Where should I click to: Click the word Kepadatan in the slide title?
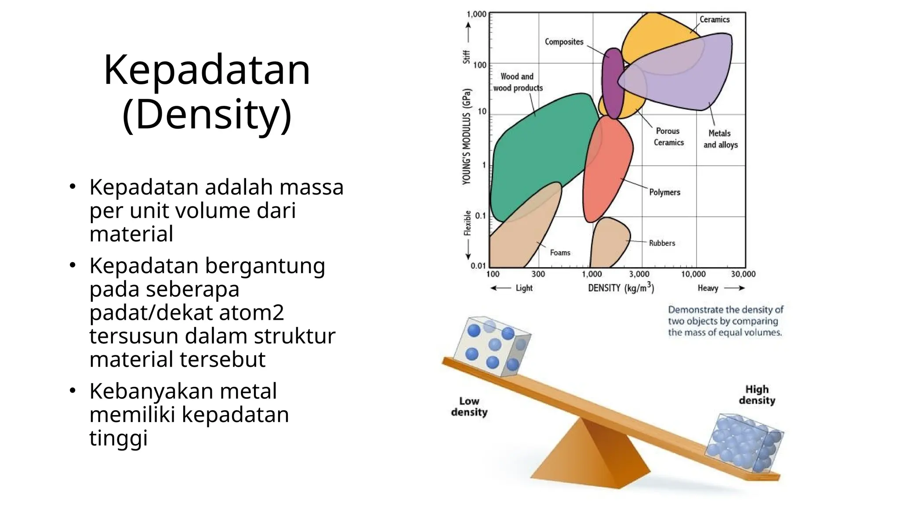point(207,70)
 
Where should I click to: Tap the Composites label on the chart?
point(564,42)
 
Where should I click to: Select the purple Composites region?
point(612,83)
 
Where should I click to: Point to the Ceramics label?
point(714,20)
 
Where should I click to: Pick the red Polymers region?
point(606,171)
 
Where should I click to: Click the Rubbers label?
point(662,243)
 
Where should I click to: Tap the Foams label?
point(560,253)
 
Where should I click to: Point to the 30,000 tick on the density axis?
point(743,275)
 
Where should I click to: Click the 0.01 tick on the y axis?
point(478,266)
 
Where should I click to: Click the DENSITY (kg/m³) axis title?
point(621,288)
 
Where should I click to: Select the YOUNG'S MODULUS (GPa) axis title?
point(467,136)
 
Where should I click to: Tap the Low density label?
point(469,407)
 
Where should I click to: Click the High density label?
point(757,395)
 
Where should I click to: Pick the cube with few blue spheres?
point(492,347)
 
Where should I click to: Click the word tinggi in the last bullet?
point(118,438)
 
